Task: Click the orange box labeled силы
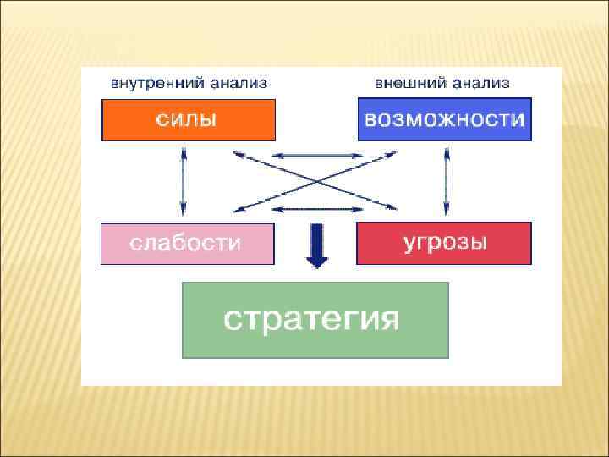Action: [x=188, y=119]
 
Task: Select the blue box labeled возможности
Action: [x=444, y=119]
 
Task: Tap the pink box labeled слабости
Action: [x=187, y=244]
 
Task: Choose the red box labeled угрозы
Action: [x=444, y=244]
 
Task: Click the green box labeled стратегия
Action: [x=315, y=320]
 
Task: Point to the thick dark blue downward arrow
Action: [x=316, y=245]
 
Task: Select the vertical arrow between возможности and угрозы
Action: [x=447, y=180]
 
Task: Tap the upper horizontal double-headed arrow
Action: [x=315, y=155]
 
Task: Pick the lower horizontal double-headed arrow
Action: [x=315, y=209]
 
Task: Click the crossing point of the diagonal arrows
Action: [x=315, y=180]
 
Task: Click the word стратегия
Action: [x=310, y=320]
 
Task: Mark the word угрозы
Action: [x=444, y=242]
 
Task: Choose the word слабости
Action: [x=185, y=244]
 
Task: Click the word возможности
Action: [x=444, y=119]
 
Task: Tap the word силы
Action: [x=185, y=119]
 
